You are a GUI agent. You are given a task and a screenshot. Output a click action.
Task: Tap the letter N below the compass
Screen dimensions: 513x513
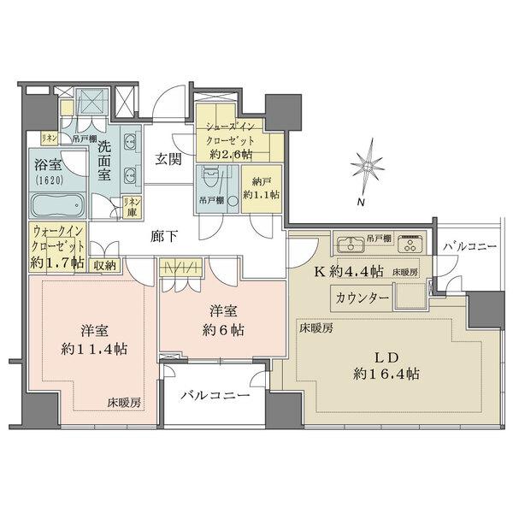tap(361, 203)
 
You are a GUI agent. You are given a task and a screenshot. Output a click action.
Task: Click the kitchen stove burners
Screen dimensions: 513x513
tap(410, 244)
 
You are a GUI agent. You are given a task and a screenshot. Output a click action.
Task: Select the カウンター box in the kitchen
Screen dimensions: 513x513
tap(363, 298)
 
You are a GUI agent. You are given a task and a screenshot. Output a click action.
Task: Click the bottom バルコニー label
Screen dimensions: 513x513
tap(215, 397)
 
